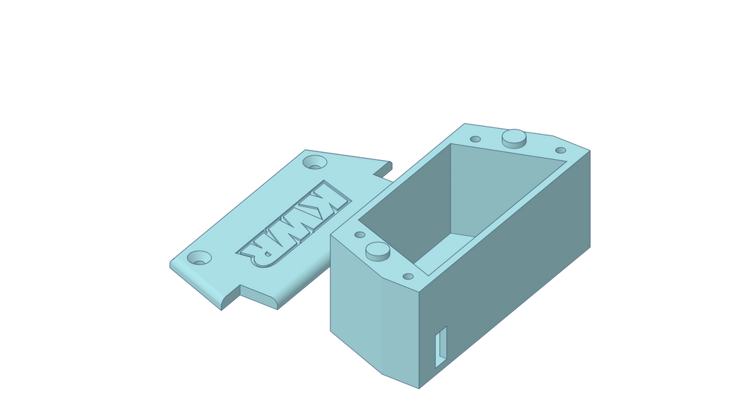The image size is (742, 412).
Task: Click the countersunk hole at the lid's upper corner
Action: tap(314, 161)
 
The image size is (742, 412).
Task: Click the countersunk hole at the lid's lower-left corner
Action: tap(199, 258)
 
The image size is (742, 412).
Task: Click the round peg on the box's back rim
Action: tap(514, 138)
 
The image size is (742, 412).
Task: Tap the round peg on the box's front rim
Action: tap(378, 251)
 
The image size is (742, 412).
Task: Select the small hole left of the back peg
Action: tap(475, 139)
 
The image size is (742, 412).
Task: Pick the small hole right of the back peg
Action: tap(560, 151)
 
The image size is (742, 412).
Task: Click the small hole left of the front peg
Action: tap(359, 235)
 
